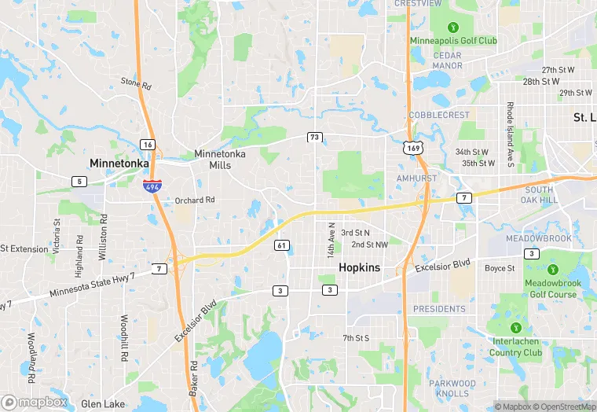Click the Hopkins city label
click(x=359, y=268)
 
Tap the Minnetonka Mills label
click(x=220, y=160)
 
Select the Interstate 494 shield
click(x=152, y=186)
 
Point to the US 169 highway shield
click(x=412, y=147)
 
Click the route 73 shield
click(x=314, y=138)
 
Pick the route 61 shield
click(x=281, y=246)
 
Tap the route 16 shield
click(x=147, y=144)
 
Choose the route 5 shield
click(x=79, y=182)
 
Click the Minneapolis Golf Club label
click(x=453, y=41)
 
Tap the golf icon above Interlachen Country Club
click(x=515, y=328)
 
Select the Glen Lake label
click(x=102, y=404)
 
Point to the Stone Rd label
click(x=134, y=82)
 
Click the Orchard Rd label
click(x=194, y=200)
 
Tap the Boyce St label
click(x=500, y=268)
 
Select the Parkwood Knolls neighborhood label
click(x=453, y=388)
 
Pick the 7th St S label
click(x=355, y=338)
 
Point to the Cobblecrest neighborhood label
click(x=439, y=115)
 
